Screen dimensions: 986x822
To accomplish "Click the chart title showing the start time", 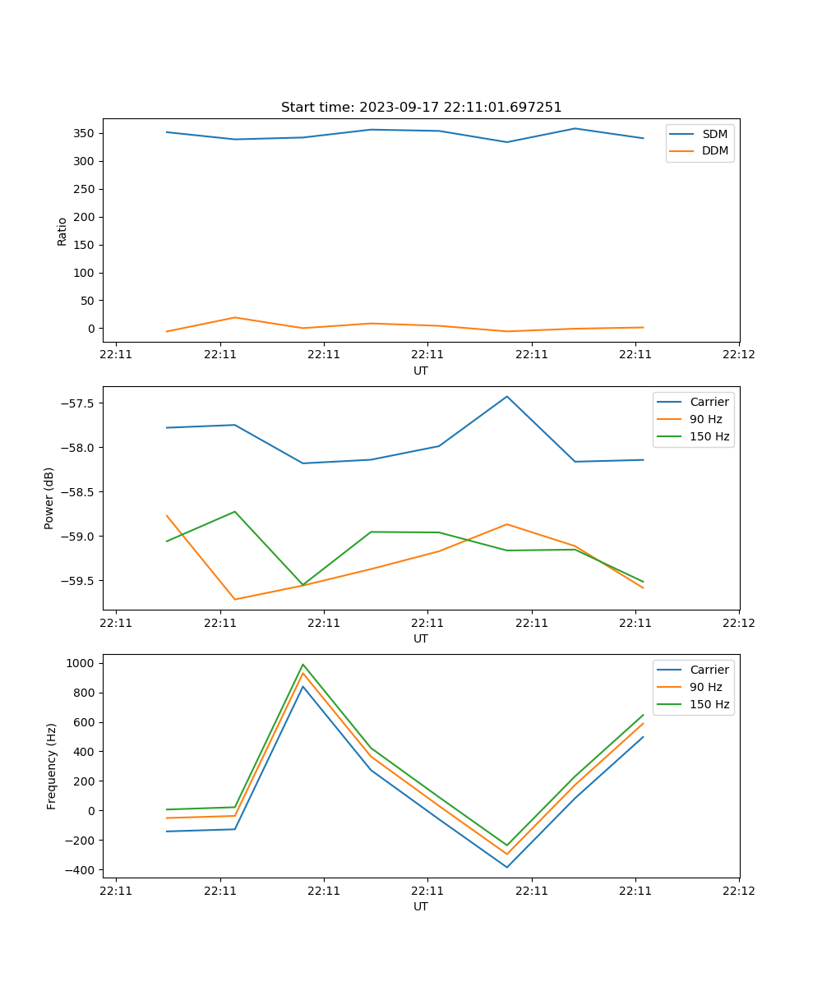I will coord(421,107).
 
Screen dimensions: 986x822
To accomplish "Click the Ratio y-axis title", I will coord(62,232).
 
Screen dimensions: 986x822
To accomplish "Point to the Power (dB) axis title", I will coord(49,498).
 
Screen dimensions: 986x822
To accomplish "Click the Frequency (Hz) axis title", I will coord(51,766).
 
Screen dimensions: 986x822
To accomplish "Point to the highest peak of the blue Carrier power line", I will coord(507,396).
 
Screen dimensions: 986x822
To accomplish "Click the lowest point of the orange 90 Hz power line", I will coord(235,599).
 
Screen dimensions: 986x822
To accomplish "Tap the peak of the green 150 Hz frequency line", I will coord(303,664).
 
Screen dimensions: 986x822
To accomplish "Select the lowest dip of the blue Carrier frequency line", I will coord(507,867).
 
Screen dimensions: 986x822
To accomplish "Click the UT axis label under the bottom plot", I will coord(421,906).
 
